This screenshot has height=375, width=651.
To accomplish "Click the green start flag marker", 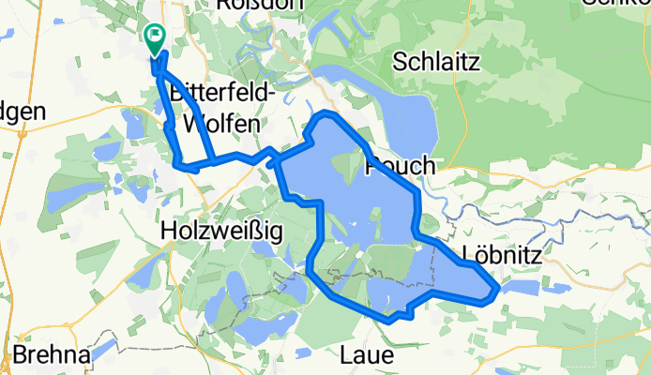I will pos(154,37).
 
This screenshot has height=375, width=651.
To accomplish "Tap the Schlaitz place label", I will pos(437,63).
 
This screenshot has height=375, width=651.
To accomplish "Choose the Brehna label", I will pos(51,357).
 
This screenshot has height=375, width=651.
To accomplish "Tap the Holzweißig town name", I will pos(221,230).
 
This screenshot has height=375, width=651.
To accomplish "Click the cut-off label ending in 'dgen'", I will pos(23,110).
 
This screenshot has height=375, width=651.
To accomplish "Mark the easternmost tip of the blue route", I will pos(496,292).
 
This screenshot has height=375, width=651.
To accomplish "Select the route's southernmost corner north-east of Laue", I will pos(388,320).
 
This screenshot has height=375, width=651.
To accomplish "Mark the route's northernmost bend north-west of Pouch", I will pos(326,114).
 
